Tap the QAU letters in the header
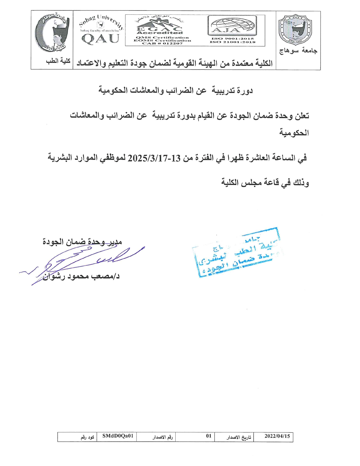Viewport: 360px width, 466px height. [x=100, y=39]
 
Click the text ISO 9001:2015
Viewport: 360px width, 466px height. [x=232, y=38]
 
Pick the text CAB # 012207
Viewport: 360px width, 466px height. [x=162, y=43]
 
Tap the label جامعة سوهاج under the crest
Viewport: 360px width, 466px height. [x=298, y=51]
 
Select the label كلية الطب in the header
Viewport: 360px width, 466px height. [x=58, y=61]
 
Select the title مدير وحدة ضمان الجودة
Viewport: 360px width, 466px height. [x=82, y=242]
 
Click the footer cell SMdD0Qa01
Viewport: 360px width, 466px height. [x=117, y=436]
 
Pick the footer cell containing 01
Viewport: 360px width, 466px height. [x=209, y=436]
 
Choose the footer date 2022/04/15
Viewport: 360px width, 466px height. [x=277, y=436]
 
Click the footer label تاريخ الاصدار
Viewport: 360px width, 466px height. [x=239, y=437]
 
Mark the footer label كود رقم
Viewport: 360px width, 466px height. [x=87, y=437]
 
